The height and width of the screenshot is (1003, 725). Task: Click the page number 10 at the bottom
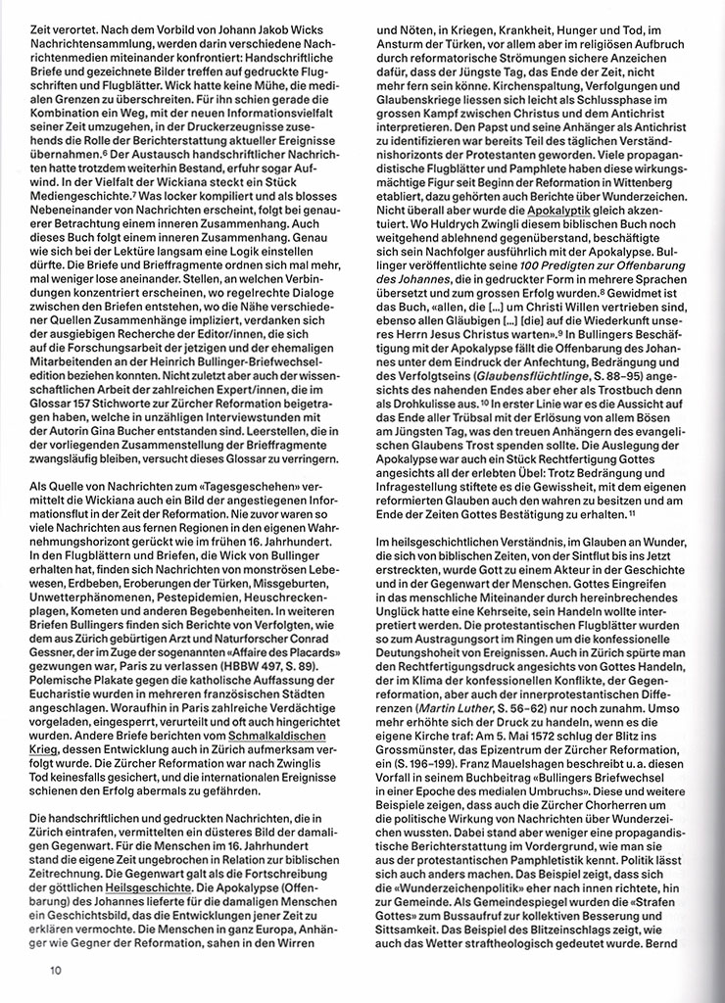[58, 971]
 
